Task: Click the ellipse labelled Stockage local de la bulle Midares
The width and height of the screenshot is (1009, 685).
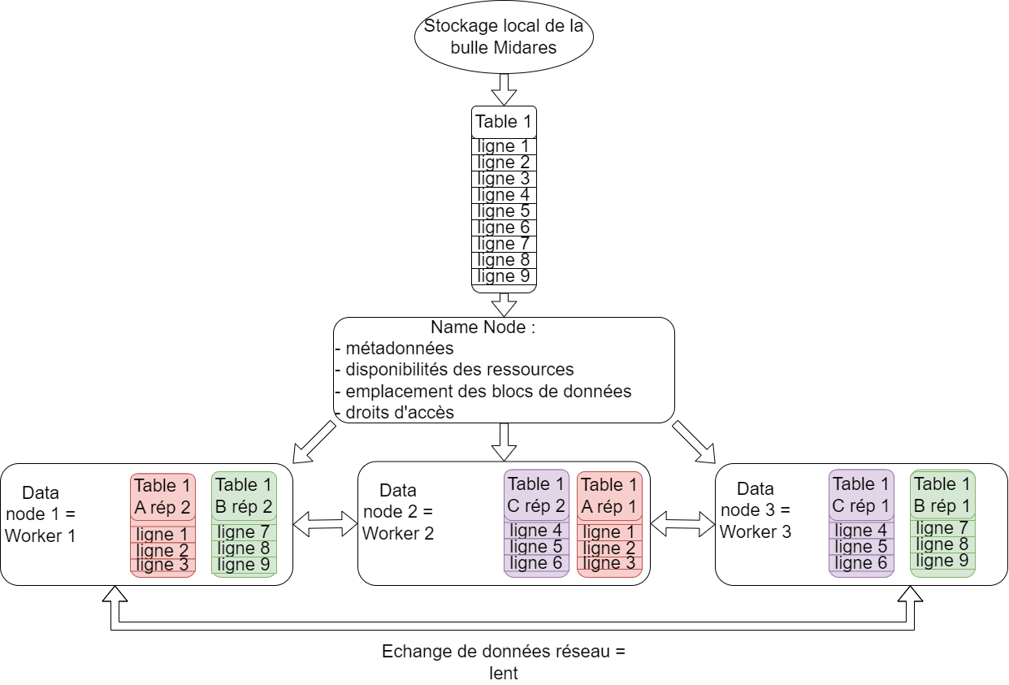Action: (x=504, y=37)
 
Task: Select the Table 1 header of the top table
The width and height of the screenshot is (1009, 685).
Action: (x=504, y=122)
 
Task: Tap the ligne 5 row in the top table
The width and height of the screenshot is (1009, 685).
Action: (x=504, y=211)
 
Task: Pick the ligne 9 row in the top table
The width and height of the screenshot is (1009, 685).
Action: (x=504, y=276)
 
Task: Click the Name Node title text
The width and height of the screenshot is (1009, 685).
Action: (x=483, y=327)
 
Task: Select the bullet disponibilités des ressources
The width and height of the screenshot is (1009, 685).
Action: (x=459, y=370)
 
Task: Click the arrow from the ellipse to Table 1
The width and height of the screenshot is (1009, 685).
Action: (x=504, y=89)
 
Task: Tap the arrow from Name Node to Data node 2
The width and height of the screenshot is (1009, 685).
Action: (x=505, y=440)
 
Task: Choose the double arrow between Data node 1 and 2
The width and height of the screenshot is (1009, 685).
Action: (x=325, y=524)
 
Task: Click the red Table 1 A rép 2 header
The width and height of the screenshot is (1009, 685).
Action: (x=162, y=496)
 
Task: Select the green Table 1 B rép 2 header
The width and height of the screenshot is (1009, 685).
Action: (x=244, y=496)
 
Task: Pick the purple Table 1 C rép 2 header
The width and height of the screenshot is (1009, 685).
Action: (x=536, y=495)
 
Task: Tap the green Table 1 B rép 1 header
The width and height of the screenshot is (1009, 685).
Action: (x=942, y=494)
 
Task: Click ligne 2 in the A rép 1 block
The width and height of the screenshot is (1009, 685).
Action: (x=609, y=548)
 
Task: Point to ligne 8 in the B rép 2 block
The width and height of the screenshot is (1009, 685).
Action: (x=244, y=548)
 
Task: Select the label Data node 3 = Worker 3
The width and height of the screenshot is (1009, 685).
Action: (x=755, y=510)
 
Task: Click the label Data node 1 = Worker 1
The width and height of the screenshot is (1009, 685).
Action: (x=40, y=514)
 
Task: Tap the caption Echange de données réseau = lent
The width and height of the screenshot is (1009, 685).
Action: (x=504, y=662)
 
